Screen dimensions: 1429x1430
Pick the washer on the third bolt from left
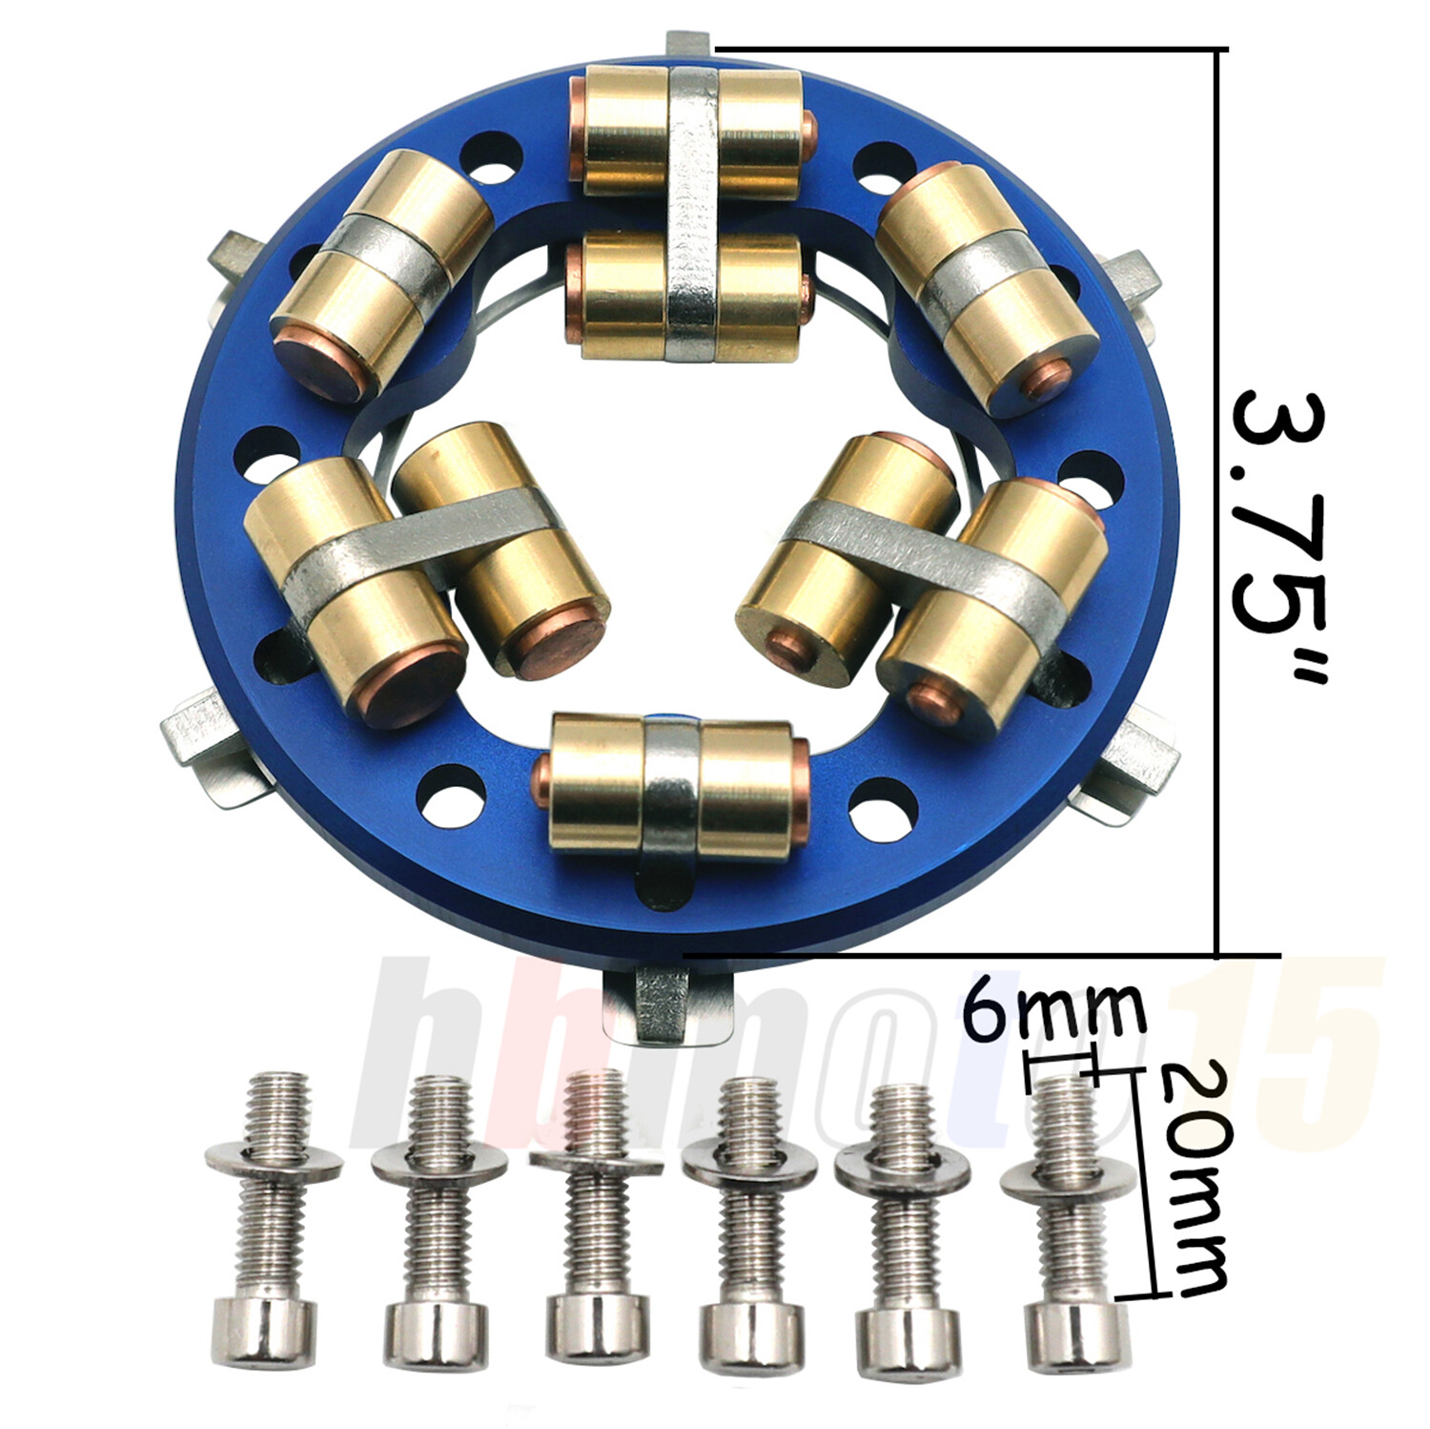pos(596,1164)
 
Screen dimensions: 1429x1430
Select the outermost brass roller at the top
pos(691,129)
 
